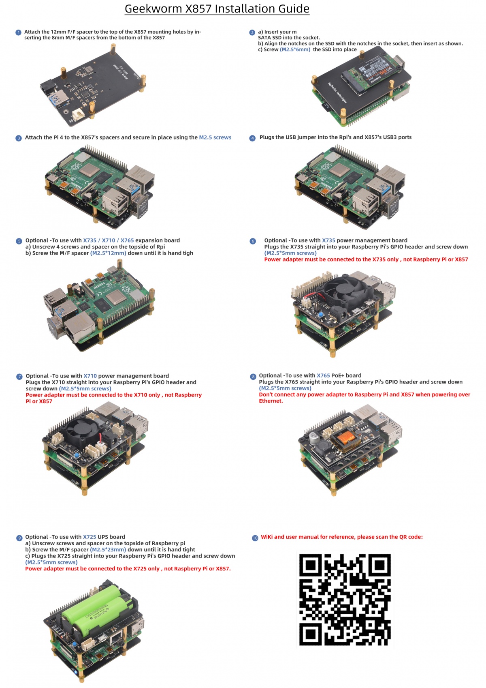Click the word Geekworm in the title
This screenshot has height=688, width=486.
click(x=153, y=9)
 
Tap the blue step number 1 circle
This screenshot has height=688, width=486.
click(x=18, y=32)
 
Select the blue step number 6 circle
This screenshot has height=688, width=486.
click(x=253, y=241)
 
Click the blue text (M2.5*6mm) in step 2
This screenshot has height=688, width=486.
click(x=295, y=49)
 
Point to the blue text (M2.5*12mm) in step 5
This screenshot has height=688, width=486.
click(x=108, y=253)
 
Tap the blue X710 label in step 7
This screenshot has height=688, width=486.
click(x=90, y=376)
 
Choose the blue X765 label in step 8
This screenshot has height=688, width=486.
click(x=323, y=376)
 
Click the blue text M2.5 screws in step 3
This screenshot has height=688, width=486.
click(x=215, y=137)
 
